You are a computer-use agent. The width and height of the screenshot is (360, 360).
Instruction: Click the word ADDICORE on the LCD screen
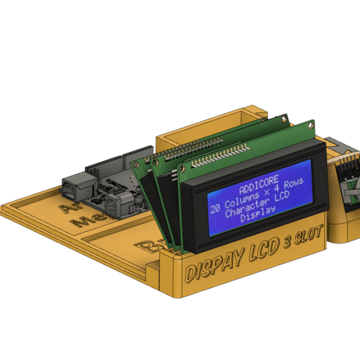coord(257,188)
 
